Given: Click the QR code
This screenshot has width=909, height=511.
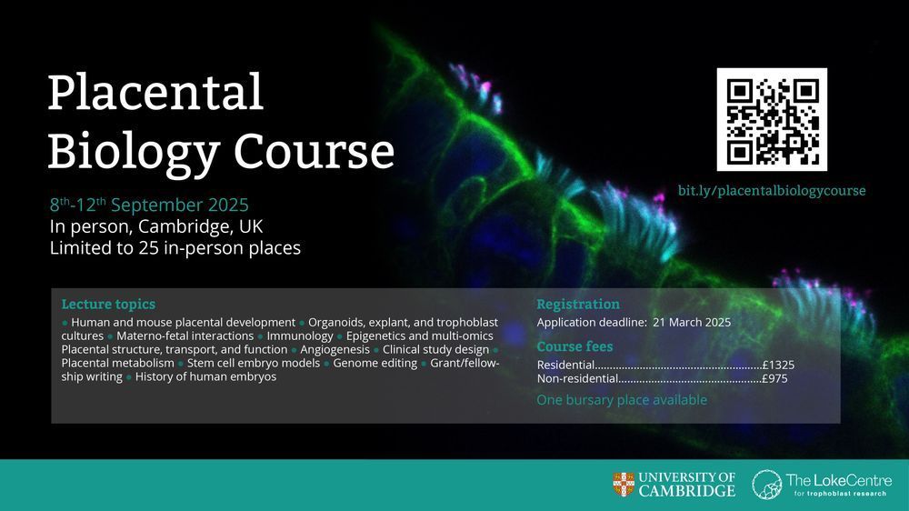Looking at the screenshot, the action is pos(772,119).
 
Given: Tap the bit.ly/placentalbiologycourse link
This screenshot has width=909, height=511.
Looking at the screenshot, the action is pos(772,191).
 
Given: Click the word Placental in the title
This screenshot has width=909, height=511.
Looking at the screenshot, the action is pos(155,92).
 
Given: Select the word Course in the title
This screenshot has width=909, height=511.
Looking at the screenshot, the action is pos(314,151).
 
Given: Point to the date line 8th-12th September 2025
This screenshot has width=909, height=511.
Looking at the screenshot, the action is pos(149,205).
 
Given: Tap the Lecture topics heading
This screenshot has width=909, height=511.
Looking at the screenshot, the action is pos(108,304).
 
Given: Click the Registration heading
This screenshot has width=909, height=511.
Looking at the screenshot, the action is pos(578,304).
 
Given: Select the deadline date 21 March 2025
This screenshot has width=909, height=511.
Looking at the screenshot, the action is pos(692,323).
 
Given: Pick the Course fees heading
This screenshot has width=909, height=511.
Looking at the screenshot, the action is pos(574,346).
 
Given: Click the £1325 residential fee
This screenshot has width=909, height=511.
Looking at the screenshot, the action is pos(779,365).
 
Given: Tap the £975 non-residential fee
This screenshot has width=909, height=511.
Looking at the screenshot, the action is pos(775,379).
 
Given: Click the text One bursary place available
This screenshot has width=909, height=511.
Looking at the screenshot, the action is pos(622,400).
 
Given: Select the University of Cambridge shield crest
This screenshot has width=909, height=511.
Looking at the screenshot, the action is pos(624,485).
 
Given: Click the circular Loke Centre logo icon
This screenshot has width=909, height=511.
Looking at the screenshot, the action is pos(767,485).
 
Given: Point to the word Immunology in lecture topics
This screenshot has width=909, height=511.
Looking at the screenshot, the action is pos(300,336).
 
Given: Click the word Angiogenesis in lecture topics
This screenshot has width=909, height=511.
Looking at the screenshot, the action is pos(335,349).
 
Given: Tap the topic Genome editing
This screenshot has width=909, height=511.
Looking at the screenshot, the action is pos(375,363).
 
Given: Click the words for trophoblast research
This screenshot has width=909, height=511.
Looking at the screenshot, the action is pos(840,494).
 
